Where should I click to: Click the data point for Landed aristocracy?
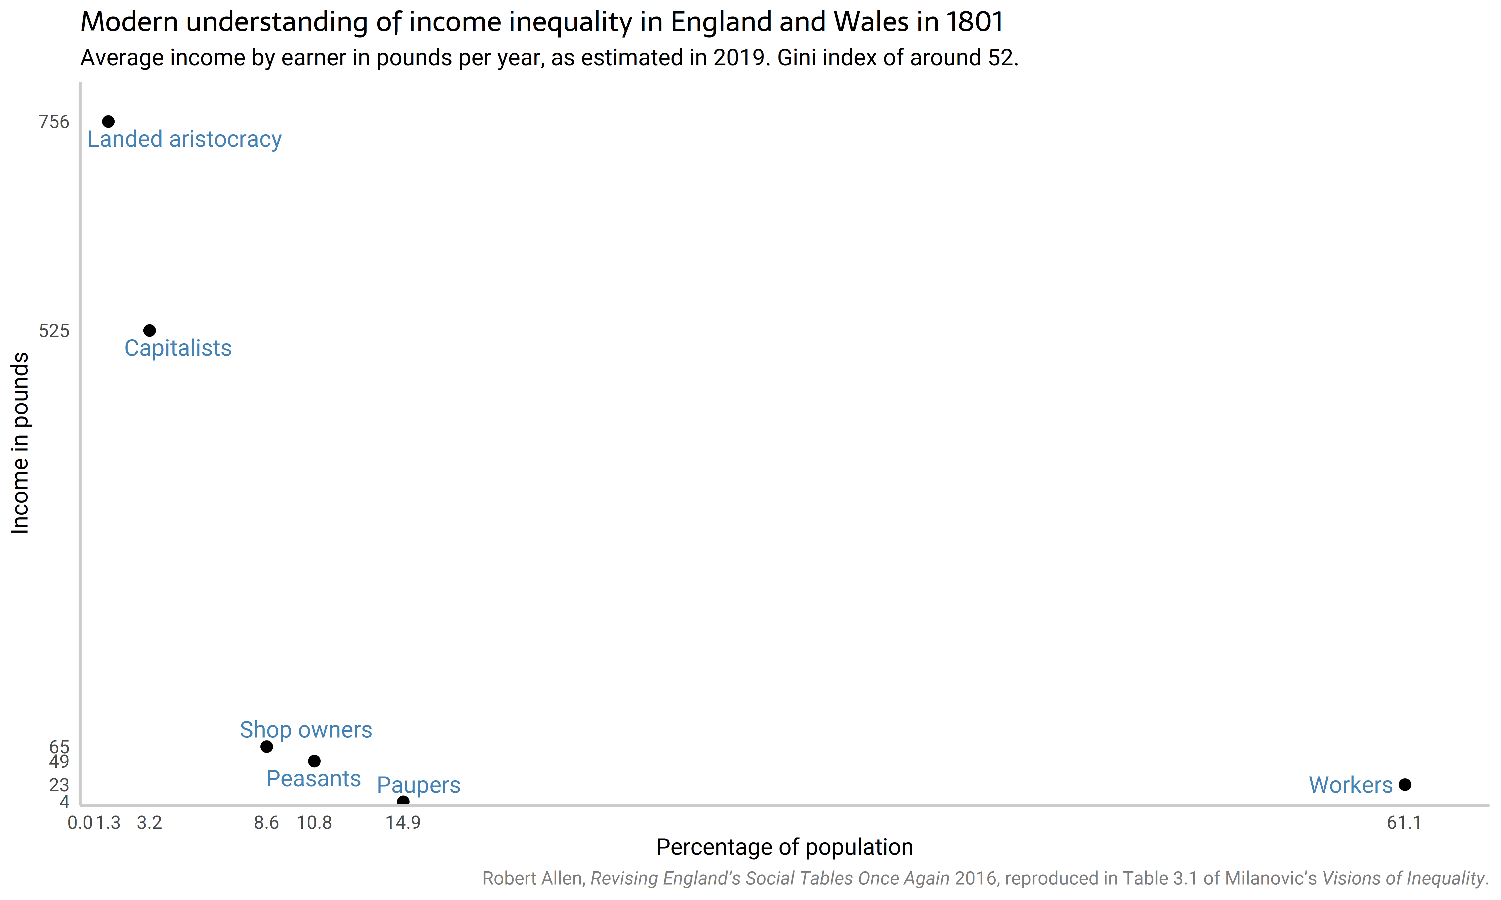click(108, 122)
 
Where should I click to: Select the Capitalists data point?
click(149, 330)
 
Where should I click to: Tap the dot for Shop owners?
click(266, 746)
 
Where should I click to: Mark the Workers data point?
click(1404, 785)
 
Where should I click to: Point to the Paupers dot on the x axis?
click(403, 801)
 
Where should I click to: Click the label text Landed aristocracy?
click(184, 139)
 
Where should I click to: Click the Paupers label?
click(419, 785)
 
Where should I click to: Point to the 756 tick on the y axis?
click(54, 122)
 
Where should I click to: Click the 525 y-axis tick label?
click(54, 330)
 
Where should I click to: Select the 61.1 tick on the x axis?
click(1404, 823)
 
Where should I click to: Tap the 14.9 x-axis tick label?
click(403, 823)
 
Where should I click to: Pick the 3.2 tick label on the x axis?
click(149, 823)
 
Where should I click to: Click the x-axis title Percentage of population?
click(785, 847)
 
